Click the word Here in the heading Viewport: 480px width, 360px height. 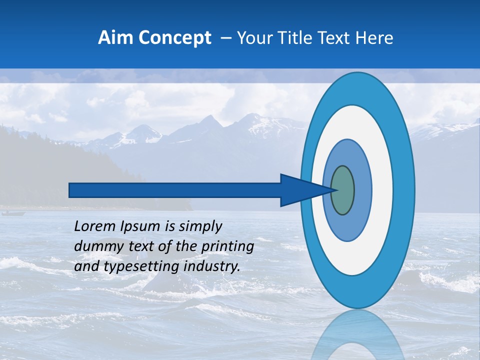tap(375, 38)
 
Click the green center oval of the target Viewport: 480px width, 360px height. tap(342, 190)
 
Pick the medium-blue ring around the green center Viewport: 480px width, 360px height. tap(363, 190)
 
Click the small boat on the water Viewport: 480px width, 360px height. tap(13, 213)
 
